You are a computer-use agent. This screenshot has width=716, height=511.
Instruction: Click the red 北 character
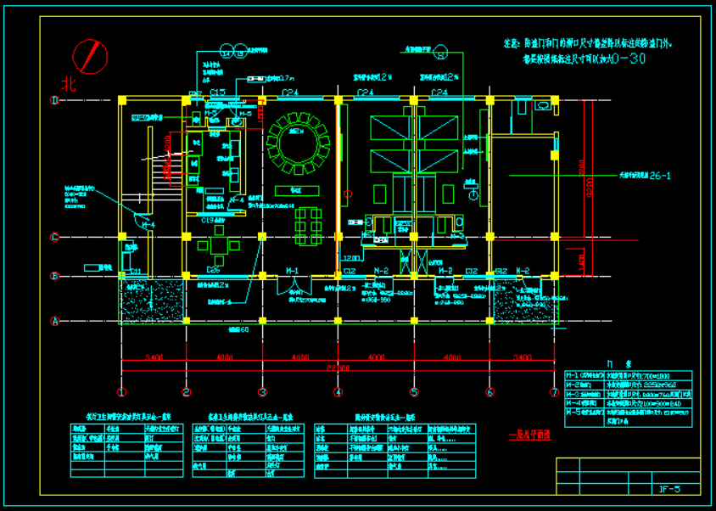point(69,83)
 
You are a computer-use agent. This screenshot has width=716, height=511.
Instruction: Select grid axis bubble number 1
point(121,392)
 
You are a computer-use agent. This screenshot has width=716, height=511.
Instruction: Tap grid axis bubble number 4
point(338,392)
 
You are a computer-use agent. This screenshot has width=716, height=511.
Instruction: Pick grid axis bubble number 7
point(553,392)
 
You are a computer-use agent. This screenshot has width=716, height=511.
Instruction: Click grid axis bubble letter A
point(55,321)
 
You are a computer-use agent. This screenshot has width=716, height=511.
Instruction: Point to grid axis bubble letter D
point(55,100)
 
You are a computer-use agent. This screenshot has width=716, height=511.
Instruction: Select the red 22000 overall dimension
point(338,368)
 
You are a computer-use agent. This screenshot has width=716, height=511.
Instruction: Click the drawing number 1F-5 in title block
point(668,489)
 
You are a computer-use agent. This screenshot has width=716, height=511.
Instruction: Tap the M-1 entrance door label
point(293,271)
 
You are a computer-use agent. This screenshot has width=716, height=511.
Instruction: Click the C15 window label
point(217,92)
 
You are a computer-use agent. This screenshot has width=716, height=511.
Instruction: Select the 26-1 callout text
point(660,177)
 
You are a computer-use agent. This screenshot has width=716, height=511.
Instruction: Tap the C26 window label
point(213,271)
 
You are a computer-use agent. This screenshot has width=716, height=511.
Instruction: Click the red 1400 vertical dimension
point(582,256)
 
